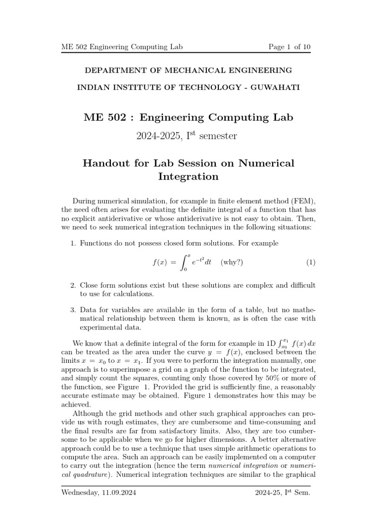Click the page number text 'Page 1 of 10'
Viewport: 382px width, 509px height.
click(288, 47)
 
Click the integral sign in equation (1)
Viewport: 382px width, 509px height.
click(184, 262)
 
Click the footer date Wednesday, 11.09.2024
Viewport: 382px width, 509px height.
click(98, 493)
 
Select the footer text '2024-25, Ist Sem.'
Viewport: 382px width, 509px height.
click(282, 493)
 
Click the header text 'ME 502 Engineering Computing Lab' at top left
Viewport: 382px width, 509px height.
click(122, 47)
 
